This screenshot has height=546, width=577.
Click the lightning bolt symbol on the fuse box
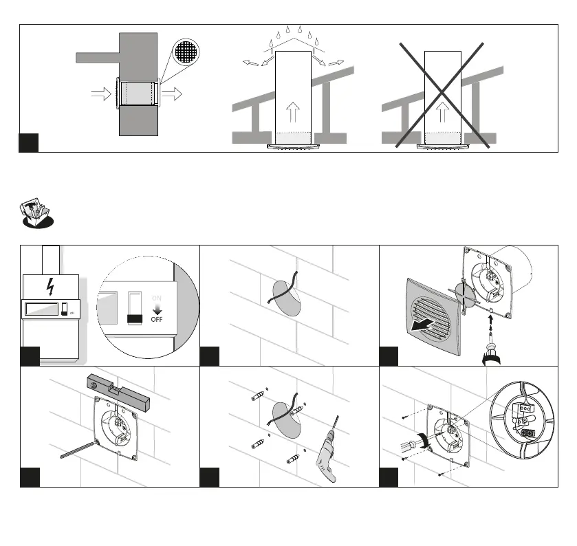click(50, 286)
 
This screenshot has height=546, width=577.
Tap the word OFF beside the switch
click(157, 320)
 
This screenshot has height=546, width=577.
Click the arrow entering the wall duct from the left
click(101, 94)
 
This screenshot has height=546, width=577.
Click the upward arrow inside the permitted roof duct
click(293, 111)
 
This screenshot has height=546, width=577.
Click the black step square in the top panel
click(28, 142)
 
